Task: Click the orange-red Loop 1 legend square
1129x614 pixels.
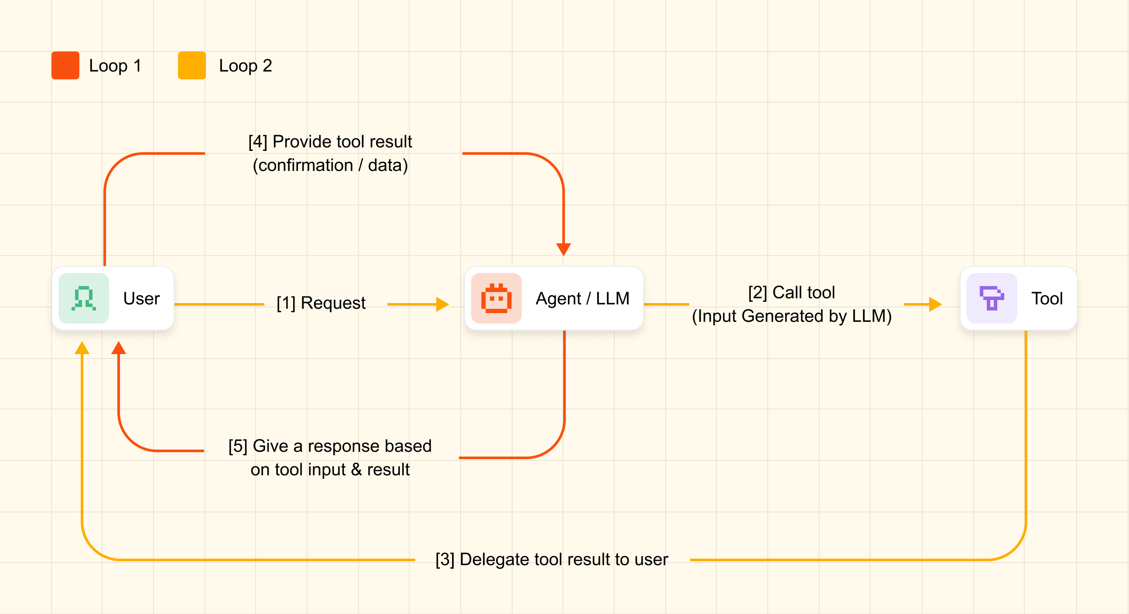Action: pyautogui.click(x=65, y=65)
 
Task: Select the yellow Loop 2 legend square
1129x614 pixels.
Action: pyautogui.click(x=192, y=65)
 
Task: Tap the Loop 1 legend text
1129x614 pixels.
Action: pyautogui.click(x=115, y=66)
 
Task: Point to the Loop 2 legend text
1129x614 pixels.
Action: pyautogui.click(x=246, y=66)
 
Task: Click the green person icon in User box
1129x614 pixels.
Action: pyautogui.click(x=84, y=298)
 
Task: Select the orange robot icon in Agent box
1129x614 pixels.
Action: pyautogui.click(x=496, y=298)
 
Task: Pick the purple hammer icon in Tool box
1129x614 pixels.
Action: pyautogui.click(x=992, y=298)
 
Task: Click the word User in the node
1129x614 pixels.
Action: pyautogui.click(x=142, y=298)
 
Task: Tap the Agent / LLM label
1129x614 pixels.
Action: pyautogui.click(x=582, y=298)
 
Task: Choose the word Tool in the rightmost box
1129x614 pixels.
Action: pyautogui.click(x=1047, y=298)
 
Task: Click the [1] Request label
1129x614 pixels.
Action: pyautogui.click(x=321, y=303)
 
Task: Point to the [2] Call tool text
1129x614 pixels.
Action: pyautogui.click(x=791, y=292)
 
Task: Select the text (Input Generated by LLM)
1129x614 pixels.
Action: pyautogui.click(x=791, y=316)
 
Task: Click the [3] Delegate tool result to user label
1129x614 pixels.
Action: pyautogui.click(x=552, y=559)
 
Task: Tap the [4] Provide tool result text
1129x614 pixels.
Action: pyautogui.click(x=330, y=142)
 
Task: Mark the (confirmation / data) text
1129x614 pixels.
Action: pyautogui.click(x=330, y=165)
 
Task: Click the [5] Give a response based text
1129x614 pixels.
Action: pyautogui.click(x=330, y=446)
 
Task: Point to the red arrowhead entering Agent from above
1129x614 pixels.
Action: pyautogui.click(x=564, y=249)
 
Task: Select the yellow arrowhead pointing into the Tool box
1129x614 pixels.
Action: pyautogui.click(x=936, y=304)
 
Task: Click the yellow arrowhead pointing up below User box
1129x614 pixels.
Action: pyautogui.click(x=82, y=348)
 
